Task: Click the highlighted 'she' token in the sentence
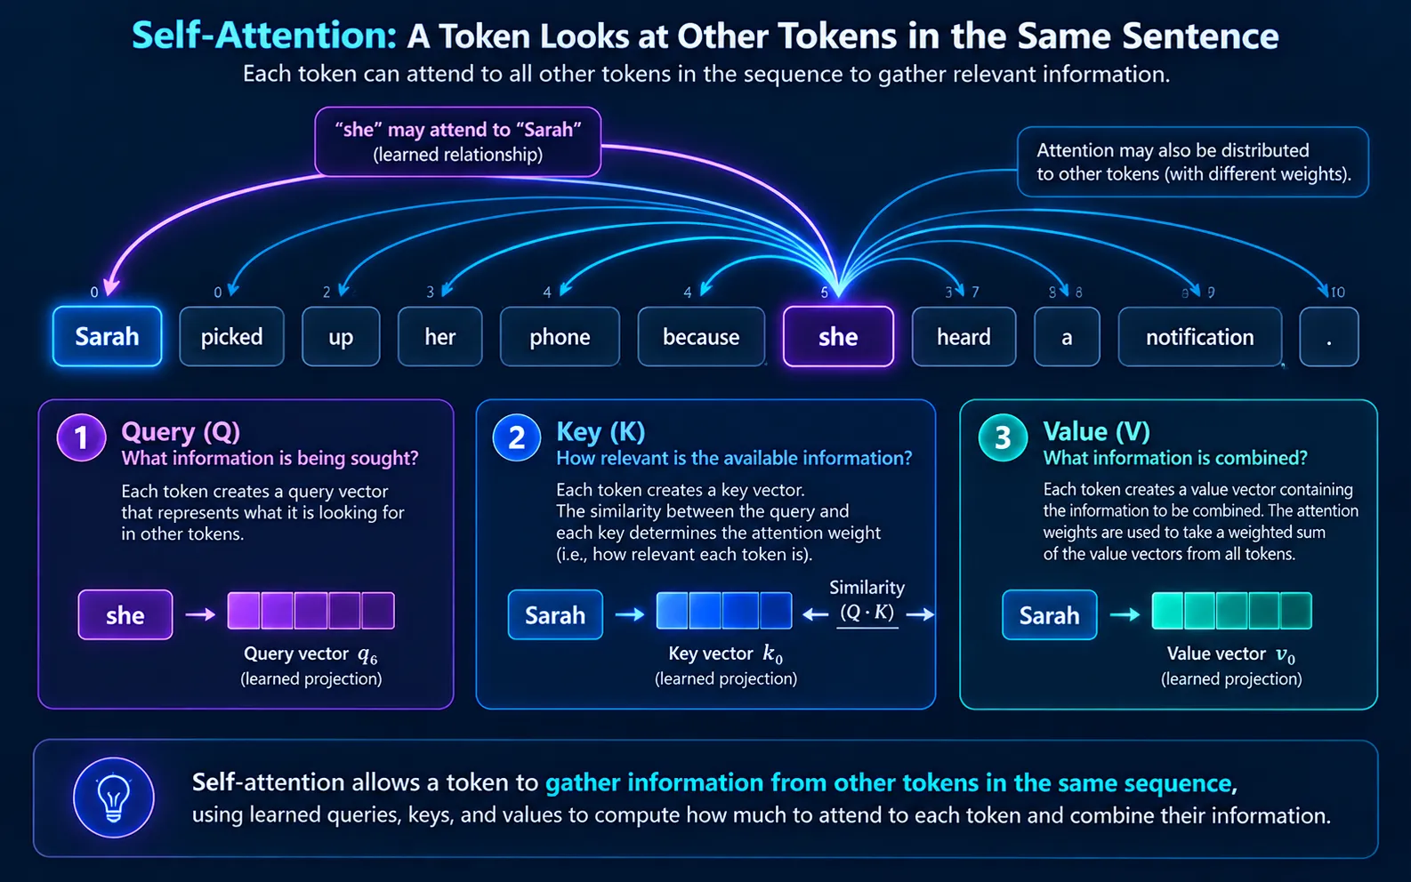point(838,336)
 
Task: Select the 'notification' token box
point(1200,336)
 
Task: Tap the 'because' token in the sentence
point(701,336)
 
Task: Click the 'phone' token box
point(560,336)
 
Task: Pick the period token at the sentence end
point(1329,336)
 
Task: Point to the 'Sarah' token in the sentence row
point(107,336)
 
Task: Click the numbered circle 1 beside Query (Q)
point(81,437)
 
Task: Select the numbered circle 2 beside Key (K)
point(517,437)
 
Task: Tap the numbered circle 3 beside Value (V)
point(1003,437)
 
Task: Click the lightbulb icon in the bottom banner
point(113,797)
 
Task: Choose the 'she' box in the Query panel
point(125,614)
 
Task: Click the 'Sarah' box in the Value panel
point(1050,614)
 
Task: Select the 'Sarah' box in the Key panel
point(555,614)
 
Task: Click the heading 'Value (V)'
point(1097,431)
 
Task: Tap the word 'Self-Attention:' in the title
point(264,36)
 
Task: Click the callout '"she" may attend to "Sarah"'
point(458,141)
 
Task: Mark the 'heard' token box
point(964,336)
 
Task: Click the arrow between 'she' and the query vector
point(200,613)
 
